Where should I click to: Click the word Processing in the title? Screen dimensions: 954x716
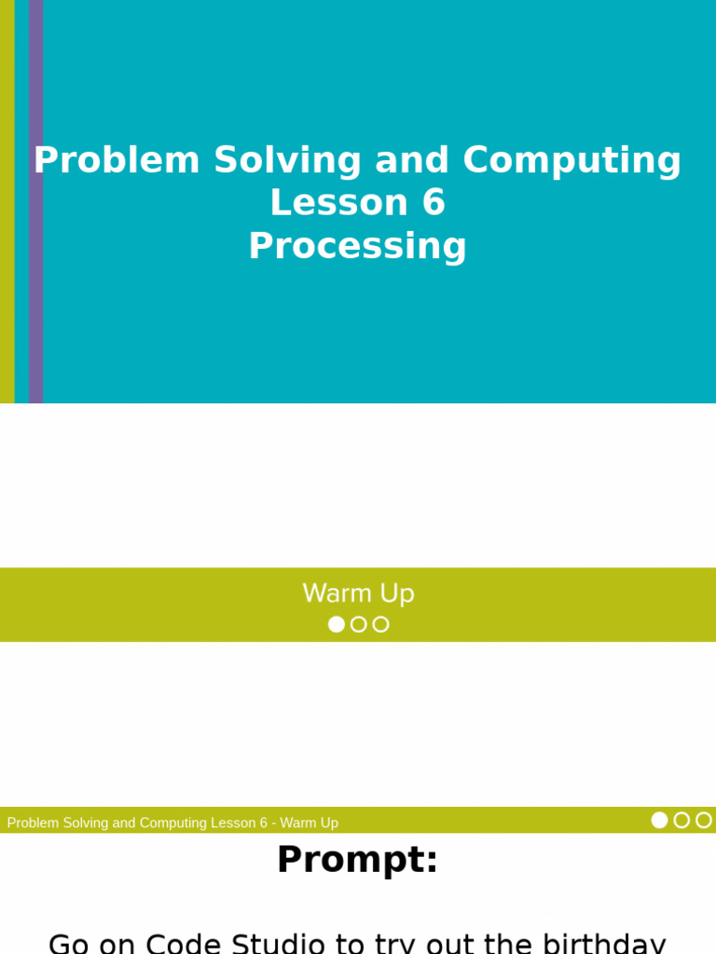point(358,246)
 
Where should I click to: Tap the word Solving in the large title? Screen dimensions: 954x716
point(287,160)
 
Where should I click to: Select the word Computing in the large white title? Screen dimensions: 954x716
point(571,160)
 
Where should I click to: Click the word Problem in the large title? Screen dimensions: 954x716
point(117,160)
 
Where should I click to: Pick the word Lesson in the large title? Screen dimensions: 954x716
point(338,203)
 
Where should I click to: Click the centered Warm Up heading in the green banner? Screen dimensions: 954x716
point(358,593)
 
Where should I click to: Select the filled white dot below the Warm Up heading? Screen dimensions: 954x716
point(337,624)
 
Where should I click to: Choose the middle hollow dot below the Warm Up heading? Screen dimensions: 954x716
point(359,624)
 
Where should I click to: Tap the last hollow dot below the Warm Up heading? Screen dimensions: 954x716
point(380,624)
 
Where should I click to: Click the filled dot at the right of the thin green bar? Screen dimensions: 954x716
point(659,820)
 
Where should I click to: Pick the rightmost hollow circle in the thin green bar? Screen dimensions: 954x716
point(704,820)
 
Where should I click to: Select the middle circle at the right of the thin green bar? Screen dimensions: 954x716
point(682,820)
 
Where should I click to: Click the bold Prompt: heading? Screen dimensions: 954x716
point(358,859)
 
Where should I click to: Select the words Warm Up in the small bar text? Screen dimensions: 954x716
point(309,823)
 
